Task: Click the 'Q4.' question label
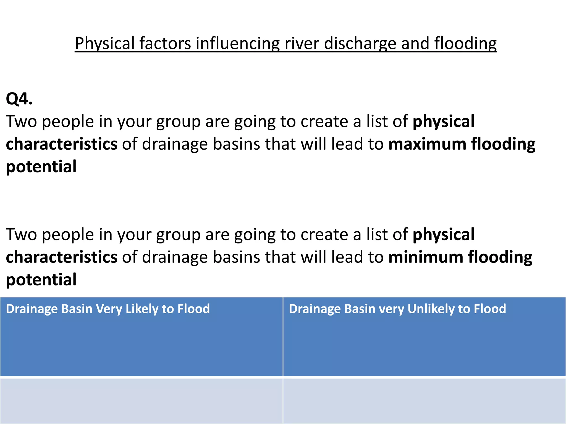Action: (19, 99)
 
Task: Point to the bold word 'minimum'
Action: (426, 257)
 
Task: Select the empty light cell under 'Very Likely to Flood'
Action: (141, 400)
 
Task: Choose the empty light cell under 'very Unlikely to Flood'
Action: (424, 400)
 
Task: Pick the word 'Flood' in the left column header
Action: (193, 309)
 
